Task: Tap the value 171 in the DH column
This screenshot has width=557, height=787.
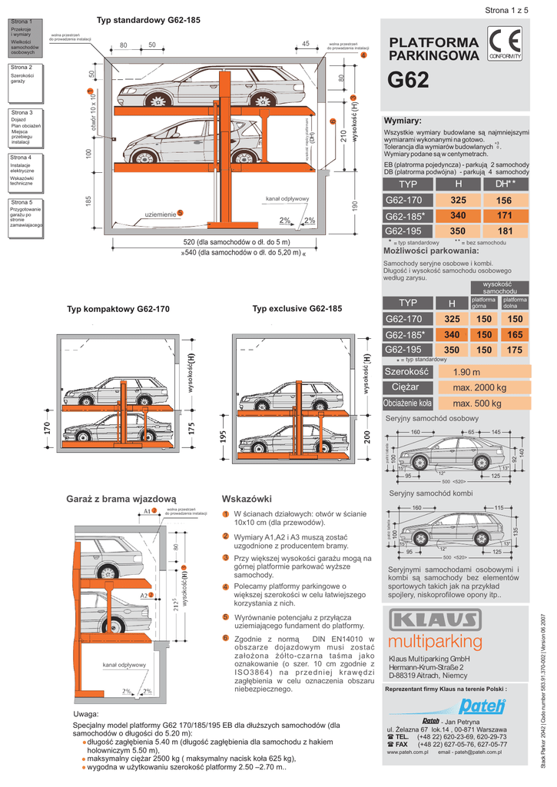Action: point(505,215)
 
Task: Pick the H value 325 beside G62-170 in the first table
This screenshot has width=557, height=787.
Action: point(459,201)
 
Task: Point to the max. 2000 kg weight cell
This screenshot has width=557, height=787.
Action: point(479,387)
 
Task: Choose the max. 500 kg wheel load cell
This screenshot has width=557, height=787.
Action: point(476,403)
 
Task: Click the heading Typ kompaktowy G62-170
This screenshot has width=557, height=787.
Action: point(118,309)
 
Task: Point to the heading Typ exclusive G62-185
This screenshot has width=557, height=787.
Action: point(297,308)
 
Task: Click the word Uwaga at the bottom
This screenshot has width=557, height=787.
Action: point(85,714)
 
